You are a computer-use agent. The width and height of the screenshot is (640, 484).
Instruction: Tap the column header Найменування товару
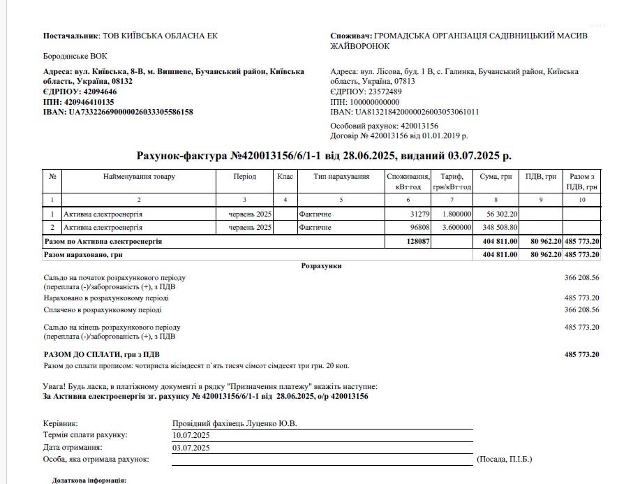(x=139, y=177)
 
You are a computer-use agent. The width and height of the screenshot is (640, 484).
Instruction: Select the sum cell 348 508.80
(x=497, y=228)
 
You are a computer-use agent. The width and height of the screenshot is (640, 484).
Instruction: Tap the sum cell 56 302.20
(x=499, y=214)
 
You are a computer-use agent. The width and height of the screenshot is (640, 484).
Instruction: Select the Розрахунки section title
(x=321, y=266)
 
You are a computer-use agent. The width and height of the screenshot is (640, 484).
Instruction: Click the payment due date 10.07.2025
(x=191, y=435)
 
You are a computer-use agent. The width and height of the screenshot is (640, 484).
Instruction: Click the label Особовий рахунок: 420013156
(x=384, y=126)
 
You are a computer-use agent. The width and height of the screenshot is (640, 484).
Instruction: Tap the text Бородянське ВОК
(x=70, y=57)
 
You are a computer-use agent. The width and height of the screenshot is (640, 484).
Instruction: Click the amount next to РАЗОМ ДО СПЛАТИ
(x=581, y=354)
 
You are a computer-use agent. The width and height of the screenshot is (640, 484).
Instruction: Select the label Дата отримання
(x=73, y=447)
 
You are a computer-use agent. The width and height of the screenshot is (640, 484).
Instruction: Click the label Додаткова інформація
(x=89, y=481)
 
